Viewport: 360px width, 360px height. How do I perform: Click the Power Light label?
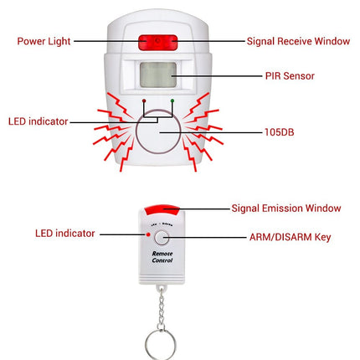(x=44, y=41)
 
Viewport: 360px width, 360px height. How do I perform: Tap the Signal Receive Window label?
(x=298, y=41)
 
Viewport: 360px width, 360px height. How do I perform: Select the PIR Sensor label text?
(x=290, y=76)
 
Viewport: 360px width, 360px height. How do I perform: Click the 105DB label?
(x=280, y=132)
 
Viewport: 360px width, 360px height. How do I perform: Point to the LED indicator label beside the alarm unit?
(x=39, y=121)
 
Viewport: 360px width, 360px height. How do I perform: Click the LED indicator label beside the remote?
(x=65, y=234)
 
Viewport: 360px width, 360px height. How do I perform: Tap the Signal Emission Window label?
(x=286, y=208)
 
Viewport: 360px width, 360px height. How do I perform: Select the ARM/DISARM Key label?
(x=291, y=237)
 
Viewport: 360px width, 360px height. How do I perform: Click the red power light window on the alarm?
(x=158, y=43)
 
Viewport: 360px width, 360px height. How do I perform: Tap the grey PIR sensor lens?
(x=158, y=75)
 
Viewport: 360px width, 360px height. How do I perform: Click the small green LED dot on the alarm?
(x=172, y=100)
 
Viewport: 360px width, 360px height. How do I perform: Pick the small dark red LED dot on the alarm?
(x=144, y=100)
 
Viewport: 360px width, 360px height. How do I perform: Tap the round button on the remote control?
(x=162, y=238)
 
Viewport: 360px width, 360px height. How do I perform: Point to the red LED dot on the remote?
(x=148, y=234)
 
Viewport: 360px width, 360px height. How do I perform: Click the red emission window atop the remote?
(x=162, y=211)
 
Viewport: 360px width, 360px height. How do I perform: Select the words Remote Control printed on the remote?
(x=162, y=257)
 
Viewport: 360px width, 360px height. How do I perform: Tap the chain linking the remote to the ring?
(x=161, y=307)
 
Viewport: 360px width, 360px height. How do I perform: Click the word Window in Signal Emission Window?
(x=323, y=208)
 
